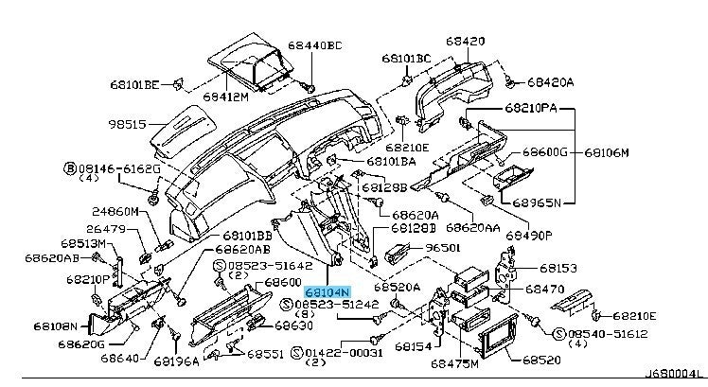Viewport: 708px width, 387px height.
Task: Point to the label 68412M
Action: pos(224,96)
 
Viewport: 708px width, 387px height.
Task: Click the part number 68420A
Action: pos(550,82)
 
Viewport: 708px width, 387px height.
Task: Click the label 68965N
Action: pos(538,202)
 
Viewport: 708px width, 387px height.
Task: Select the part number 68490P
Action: pos(530,235)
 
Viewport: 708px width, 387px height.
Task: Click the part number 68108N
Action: pos(56,325)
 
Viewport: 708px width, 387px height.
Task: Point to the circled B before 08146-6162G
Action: pos(69,167)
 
